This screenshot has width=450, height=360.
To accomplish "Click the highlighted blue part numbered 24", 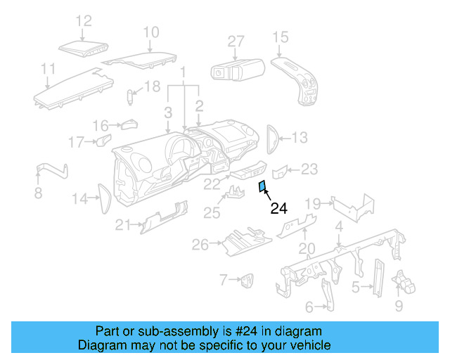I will [262, 187].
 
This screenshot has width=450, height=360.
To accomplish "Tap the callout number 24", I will [279, 209].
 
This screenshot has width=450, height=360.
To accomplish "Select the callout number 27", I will [236, 41].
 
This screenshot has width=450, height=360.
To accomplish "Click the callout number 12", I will [84, 21].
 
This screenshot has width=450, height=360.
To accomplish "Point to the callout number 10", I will [152, 32].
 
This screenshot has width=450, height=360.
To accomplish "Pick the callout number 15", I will [281, 37].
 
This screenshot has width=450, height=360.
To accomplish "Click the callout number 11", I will [48, 69].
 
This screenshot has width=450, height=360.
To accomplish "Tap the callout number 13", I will [300, 138].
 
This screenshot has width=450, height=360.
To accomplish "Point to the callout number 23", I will [309, 169].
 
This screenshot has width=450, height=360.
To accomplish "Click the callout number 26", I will [200, 245].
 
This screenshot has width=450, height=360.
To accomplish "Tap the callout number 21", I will [124, 225].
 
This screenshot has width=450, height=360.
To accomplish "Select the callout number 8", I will [38, 193].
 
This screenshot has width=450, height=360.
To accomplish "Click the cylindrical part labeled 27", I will [237, 71].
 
